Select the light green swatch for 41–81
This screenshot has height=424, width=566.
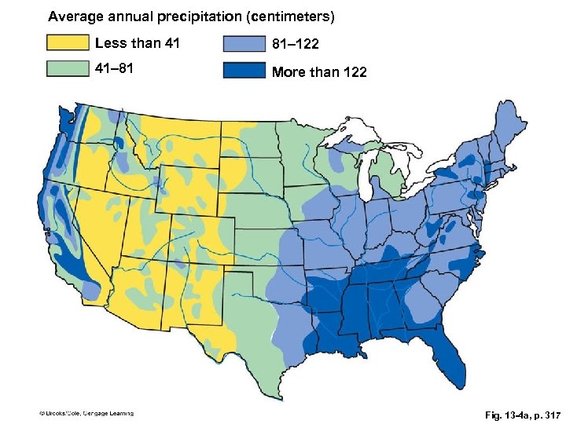pyautogui.click(x=68, y=69)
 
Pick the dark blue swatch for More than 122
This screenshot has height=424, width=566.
pyautogui.click(x=244, y=71)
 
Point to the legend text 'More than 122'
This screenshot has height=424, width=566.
pyautogui.click(x=319, y=73)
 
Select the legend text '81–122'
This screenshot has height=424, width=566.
pyautogui.click(x=295, y=46)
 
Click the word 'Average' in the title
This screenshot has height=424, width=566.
pyautogui.click(x=73, y=16)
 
